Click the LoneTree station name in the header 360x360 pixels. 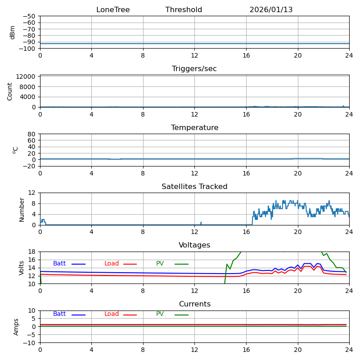[113, 10]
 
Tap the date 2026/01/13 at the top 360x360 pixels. [271, 10]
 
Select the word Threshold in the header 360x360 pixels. [184, 10]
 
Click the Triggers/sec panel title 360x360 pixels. [194, 69]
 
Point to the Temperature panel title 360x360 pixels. [194, 128]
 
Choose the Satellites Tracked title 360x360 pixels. [194, 187]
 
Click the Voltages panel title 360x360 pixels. [194, 245]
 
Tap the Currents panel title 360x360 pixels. [194, 304]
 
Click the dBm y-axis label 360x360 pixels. [13, 32]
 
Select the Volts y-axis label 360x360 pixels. [22, 268]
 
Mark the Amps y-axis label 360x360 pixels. [16, 327]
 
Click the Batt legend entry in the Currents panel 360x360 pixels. [59, 314]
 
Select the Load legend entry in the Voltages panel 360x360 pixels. [112, 264]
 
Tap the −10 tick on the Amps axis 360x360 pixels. [30, 343]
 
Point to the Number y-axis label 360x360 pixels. [22, 209]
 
